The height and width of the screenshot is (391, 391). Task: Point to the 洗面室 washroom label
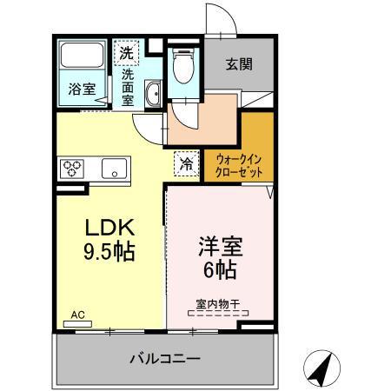(x=128, y=86)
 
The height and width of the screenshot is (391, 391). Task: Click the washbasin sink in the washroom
(x=154, y=93)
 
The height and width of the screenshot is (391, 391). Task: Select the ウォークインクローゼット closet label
(x=239, y=164)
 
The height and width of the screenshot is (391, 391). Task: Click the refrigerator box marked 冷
(x=185, y=162)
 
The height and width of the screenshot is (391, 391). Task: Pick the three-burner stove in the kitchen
(x=72, y=167)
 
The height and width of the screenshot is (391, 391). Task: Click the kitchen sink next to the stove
(x=115, y=169)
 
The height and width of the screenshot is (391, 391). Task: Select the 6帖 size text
(x=217, y=269)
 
